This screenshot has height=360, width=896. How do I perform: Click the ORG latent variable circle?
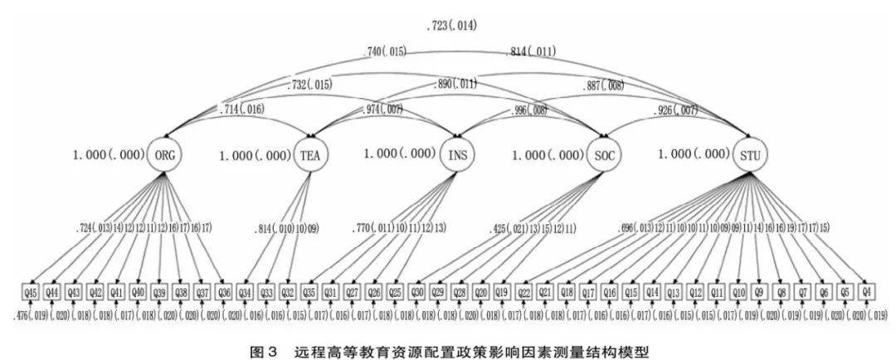tap(164, 155)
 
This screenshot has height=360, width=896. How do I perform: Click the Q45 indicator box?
tap(32, 291)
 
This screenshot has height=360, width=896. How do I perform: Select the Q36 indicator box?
tap(223, 291)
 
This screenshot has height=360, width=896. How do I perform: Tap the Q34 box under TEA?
tap(246, 291)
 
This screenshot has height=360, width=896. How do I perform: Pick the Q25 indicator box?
tap(395, 291)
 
